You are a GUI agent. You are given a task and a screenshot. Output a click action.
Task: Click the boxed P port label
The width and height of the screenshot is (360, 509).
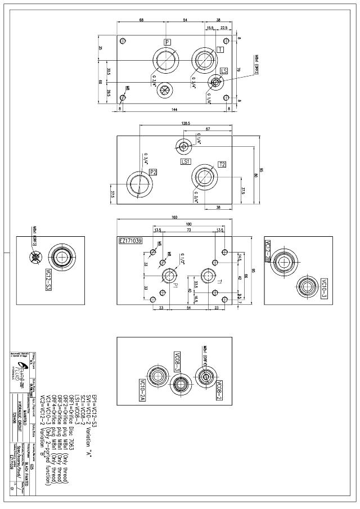(168, 43)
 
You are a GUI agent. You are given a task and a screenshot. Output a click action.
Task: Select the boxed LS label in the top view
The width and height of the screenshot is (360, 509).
(224, 70)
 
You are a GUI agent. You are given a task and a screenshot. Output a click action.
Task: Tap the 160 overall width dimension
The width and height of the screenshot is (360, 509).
(174, 217)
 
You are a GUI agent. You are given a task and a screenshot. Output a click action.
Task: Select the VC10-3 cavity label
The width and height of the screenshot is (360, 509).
(324, 288)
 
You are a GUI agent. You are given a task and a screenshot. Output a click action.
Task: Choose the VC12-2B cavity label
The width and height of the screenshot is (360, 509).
(268, 251)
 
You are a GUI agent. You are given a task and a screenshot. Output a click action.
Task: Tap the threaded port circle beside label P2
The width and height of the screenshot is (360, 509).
(139, 183)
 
